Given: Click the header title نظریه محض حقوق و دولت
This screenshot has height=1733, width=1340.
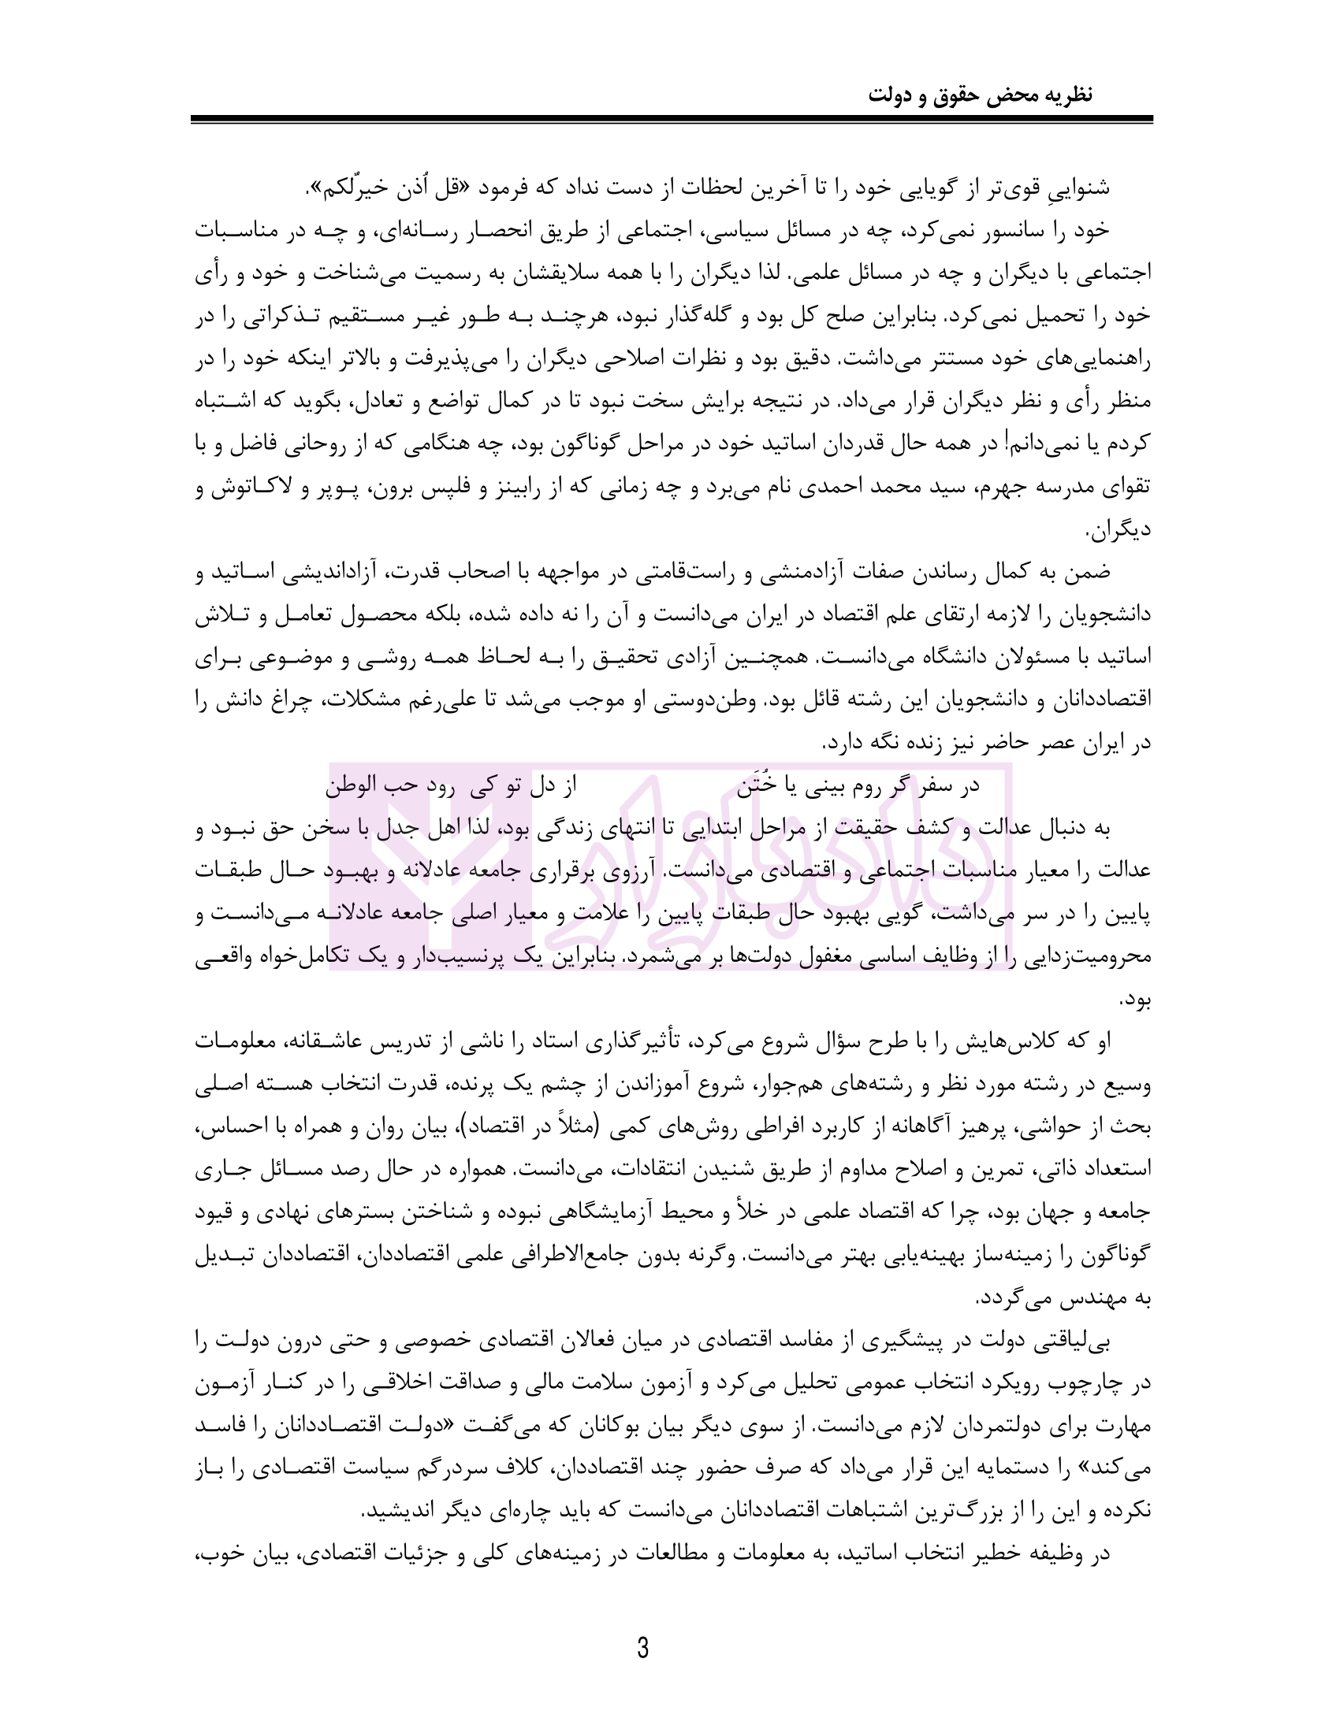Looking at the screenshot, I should [x=980, y=95].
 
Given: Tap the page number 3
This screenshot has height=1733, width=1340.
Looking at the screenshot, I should [x=642, y=1648].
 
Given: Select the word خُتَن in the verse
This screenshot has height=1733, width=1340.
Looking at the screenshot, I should [x=754, y=785].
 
